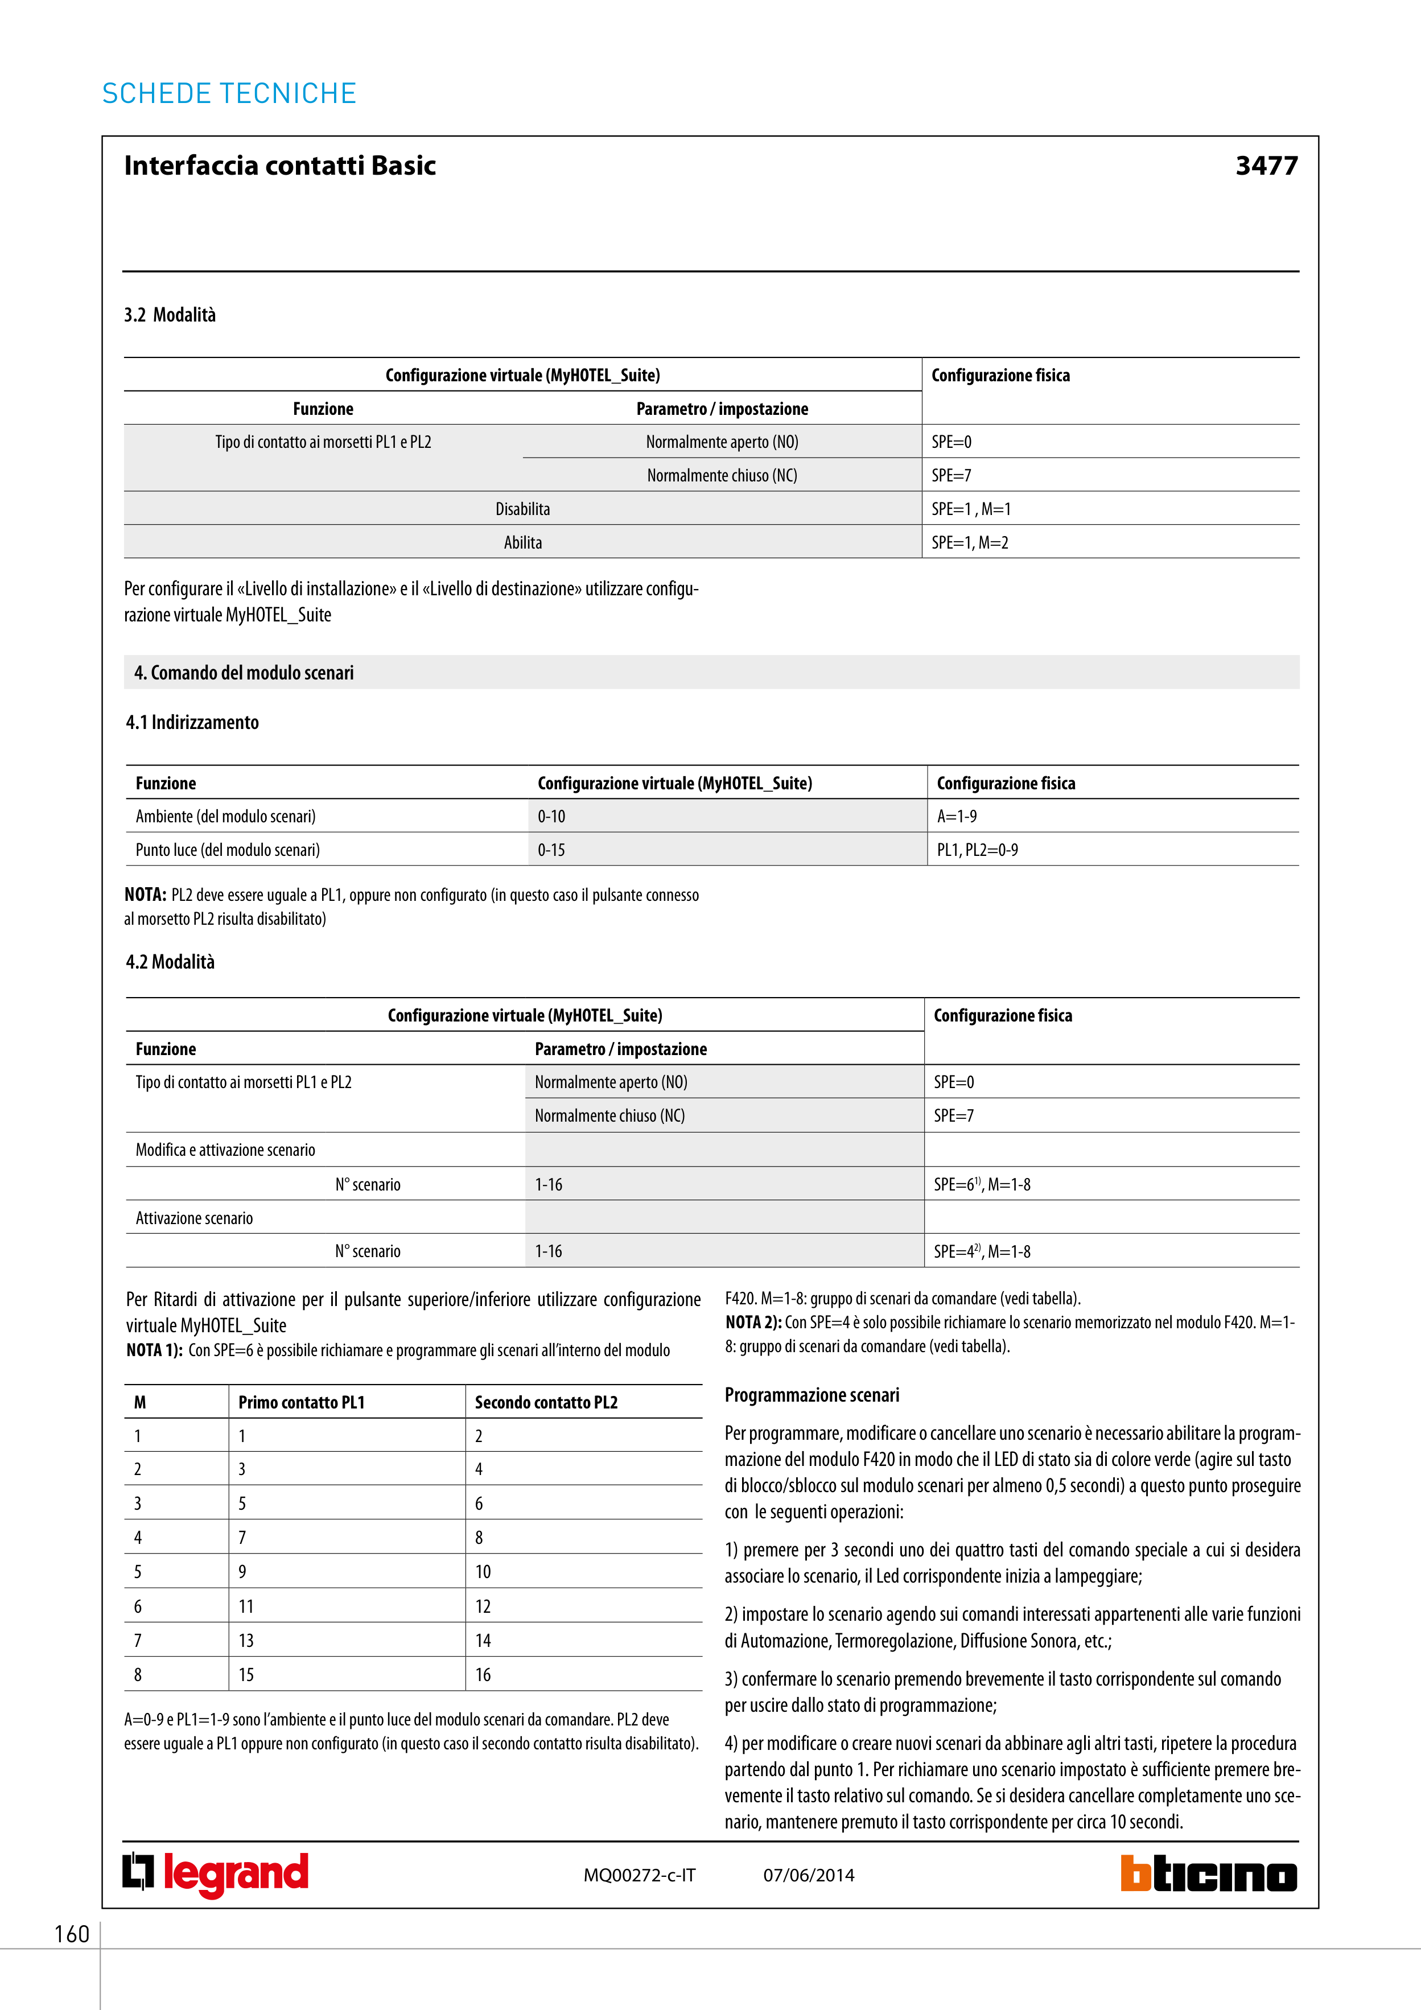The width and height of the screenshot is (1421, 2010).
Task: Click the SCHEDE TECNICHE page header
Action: [229, 94]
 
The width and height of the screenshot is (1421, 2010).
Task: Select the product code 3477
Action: [1266, 166]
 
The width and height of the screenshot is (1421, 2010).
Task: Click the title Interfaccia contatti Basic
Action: [280, 166]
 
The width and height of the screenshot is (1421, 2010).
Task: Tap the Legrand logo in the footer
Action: [215, 1875]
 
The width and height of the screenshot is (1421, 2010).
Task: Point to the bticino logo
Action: [1208, 1875]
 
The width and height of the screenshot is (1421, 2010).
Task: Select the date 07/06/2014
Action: [808, 1875]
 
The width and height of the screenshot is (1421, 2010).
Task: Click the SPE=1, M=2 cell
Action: [970, 543]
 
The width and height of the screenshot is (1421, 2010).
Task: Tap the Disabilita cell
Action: [522, 509]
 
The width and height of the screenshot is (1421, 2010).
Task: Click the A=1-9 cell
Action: [957, 817]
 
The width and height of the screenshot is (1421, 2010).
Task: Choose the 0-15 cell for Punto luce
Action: [551, 850]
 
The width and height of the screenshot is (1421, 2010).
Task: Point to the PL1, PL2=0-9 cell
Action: [977, 850]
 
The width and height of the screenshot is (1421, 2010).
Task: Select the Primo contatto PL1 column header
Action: [301, 1402]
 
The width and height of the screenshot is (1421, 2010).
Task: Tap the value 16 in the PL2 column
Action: [483, 1675]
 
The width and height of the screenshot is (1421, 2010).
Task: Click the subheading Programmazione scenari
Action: [812, 1395]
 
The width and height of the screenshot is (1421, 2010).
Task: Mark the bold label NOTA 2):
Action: [753, 1323]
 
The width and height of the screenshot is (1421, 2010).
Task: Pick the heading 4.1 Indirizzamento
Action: [192, 722]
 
